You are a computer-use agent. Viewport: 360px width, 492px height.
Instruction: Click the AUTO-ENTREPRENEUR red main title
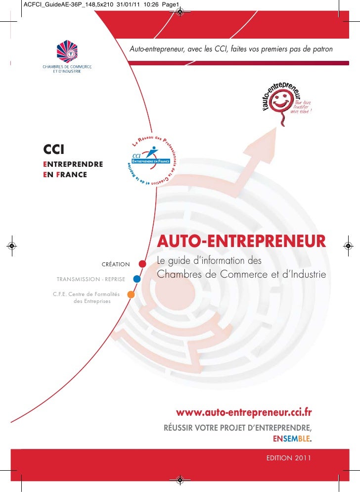242,242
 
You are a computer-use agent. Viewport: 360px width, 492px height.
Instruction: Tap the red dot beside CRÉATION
142,263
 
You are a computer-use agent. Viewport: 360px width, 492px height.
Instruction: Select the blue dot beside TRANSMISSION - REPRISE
137,279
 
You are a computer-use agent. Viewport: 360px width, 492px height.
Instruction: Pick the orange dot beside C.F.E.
131,295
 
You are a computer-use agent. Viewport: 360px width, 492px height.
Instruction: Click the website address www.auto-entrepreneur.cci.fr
244,412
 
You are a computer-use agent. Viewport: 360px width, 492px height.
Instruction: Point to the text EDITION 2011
288,458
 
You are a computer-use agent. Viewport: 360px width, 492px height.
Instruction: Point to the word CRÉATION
116,264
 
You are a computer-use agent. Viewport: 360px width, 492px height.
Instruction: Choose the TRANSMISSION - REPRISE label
91,280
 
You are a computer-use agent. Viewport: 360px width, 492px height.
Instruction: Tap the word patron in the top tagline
322,49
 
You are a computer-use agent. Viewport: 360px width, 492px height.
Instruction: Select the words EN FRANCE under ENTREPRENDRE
65,175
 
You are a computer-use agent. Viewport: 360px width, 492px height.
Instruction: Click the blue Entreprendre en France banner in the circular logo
151,161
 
